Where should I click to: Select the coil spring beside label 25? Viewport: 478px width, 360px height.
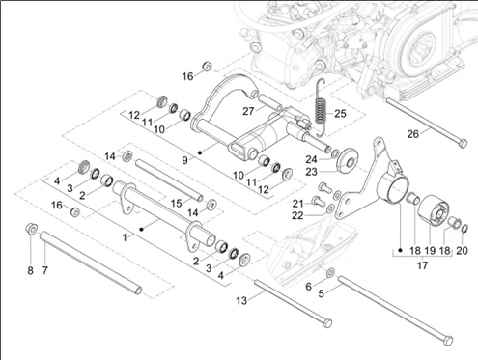tap(323, 101)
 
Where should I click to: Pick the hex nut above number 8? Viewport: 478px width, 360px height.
tap(30, 230)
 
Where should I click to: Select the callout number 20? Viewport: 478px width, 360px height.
tap(463, 249)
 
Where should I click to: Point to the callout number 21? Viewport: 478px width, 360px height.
tap(298, 202)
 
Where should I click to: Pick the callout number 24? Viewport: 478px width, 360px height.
tap(312, 159)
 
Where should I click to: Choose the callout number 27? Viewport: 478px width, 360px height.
tap(248, 112)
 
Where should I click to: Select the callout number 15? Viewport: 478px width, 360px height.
tap(175, 202)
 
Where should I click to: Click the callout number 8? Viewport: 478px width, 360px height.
tap(29, 270)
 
